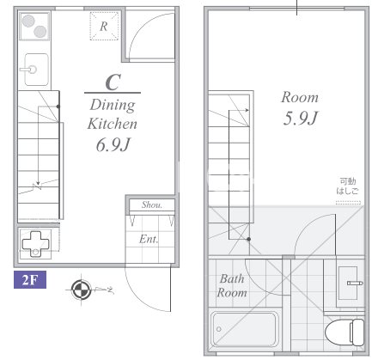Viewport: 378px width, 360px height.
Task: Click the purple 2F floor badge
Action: [x=30, y=279]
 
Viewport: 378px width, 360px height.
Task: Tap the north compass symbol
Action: [x=81, y=290]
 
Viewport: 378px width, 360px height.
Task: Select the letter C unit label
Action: [x=113, y=82]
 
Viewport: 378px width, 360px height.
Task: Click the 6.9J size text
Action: [x=113, y=144]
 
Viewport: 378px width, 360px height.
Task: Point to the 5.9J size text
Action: [x=301, y=118]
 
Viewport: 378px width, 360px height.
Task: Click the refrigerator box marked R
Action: [x=104, y=26]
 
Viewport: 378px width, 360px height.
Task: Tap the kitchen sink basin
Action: [x=36, y=70]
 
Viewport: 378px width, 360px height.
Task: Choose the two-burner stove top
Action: [x=34, y=26]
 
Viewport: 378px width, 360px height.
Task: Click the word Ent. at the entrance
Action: [x=149, y=239]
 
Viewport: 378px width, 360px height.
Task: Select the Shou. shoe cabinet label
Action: [x=152, y=204]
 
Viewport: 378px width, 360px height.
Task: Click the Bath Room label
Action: [x=232, y=285]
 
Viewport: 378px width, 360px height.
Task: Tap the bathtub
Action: [x=245, y=329]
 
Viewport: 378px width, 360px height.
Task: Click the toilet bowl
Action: [x=344, y=333]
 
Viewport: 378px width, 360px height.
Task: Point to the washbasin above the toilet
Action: [x=348, y=283]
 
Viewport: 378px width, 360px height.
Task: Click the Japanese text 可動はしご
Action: [x=348, y=186]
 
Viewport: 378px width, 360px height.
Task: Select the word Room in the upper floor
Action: [x=300, y=97]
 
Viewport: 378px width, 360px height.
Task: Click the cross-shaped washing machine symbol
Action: [x=35, y=244]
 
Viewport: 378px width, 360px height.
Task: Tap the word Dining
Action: [x=113, y=106]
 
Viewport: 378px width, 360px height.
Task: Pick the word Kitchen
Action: [x=113, y=124]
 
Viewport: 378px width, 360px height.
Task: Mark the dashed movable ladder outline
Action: [x=348, y=203]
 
